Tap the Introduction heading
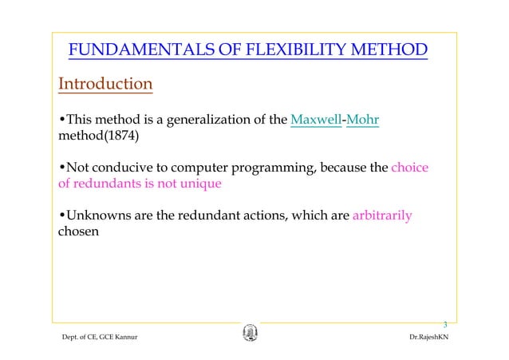105,84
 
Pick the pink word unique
199,184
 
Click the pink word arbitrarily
382,216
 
